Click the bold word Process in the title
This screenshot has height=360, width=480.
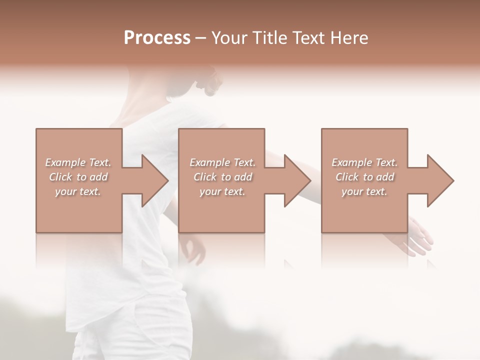157,38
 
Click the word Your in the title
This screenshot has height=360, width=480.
229,38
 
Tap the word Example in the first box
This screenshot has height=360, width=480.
65,162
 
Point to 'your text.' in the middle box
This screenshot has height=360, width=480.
222,191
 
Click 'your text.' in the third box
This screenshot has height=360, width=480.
364,191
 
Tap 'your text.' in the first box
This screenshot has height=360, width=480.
77,191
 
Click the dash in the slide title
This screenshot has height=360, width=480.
201,38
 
